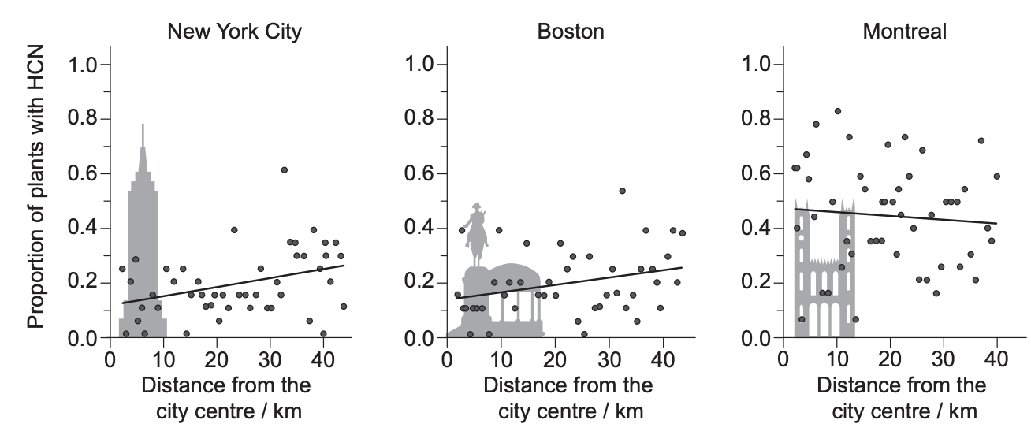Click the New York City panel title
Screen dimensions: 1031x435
coord(234,32)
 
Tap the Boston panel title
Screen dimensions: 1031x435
coord(571,32)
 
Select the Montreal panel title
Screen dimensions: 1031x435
coord(904,32)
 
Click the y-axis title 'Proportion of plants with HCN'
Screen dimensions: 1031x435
coord(35,187)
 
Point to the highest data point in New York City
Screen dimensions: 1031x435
coord(284,170)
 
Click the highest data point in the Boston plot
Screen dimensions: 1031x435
coord(622,191)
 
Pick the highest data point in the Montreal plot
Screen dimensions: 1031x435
coord(838,111)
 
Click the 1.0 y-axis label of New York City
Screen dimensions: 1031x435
coord(83,65)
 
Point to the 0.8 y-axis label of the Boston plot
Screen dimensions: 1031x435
coord(419,118)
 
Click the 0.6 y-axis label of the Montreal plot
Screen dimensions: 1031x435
coord(756,173)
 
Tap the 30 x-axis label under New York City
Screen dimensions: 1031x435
coord(270,359)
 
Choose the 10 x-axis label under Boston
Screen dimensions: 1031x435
coord(501,359)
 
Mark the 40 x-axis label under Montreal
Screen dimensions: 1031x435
coord(996,359)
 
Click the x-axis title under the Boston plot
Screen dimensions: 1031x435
coord(568,398)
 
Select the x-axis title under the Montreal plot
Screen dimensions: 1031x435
coord(902,398)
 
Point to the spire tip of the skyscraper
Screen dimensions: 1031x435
coord(143,124)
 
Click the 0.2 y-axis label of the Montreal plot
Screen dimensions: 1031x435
coord(756,282)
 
